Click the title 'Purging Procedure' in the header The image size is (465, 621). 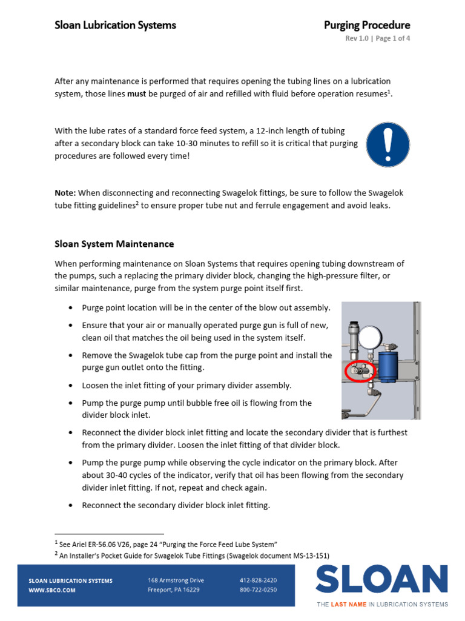tap(367, 25)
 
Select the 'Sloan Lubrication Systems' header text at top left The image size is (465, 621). tap(115, 25)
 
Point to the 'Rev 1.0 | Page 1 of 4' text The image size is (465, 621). tap(378, 39)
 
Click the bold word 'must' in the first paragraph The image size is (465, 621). tap(137, 93)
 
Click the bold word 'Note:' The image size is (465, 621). tap(65, 193)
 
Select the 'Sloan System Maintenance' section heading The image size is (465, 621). tap(114, 244)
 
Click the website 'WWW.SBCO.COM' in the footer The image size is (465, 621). tap(52, 589)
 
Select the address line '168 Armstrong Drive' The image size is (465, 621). tap(176, 580)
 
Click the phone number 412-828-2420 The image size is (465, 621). tap(258, 580)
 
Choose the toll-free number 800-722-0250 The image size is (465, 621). tap(258, 589)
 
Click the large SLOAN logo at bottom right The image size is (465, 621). tap(381, 580)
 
